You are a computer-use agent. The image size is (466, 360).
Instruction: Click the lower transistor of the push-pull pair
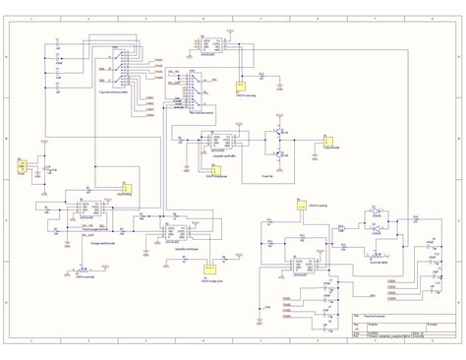(x=280, y=152)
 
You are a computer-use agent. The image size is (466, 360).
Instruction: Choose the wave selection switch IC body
(x=196, y=96)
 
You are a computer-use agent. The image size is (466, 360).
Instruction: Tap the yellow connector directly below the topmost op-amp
(x=238, y=88)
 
